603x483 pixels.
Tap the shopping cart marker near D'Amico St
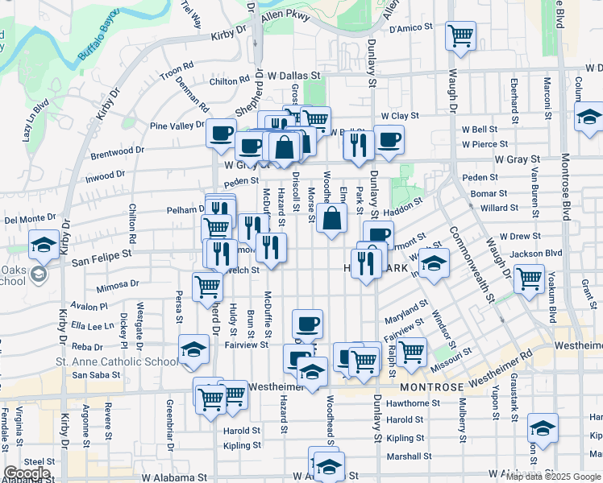tap(460, 35)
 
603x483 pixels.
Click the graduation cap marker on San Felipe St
tap(44, 244)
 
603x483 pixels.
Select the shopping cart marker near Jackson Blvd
tap(529, 279)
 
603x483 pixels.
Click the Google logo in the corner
tap(27, 473)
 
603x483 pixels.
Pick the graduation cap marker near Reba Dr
tap(194, 349)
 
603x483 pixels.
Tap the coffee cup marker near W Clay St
tap(389, 139)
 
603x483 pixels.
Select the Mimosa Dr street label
tap(118, 284)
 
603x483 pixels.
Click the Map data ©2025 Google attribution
tap(552, 476)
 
